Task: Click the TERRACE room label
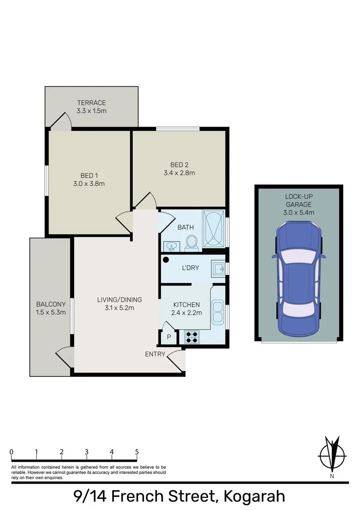[92, 103]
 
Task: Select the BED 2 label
[179, 165]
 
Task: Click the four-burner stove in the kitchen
[192, 337]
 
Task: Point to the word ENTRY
[155, 354]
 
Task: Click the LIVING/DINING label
[119, 299]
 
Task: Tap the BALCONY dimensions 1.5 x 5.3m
[50, 312]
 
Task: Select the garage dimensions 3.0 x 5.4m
[299, 212]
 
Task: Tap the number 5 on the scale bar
[137, 452]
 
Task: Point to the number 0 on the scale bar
[11, 452]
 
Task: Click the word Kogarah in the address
[254, 497]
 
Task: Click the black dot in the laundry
[166, 259]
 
